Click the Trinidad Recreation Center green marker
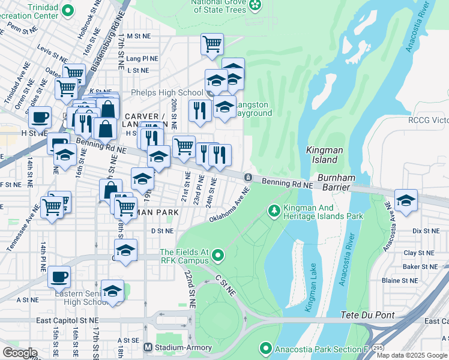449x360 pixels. (x=68, y=10)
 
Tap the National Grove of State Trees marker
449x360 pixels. (x=256, y=5)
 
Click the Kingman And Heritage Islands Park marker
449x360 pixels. (x=274, y=210)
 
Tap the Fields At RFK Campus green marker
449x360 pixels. (x=218, y=256)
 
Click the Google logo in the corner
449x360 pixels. (x=19, y=352)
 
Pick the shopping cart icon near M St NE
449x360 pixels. (x=212, y=44)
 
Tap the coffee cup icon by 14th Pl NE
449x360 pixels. (x=59, y=277)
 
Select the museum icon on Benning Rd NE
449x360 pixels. (x=247, y=177)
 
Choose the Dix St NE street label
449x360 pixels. (x=426, y=230)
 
